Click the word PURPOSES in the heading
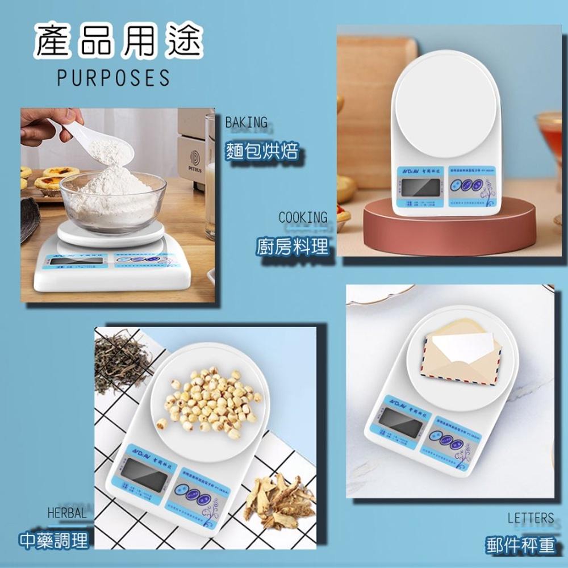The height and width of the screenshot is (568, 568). [x=113, y=77]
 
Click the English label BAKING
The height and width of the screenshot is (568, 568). [x=246, y=122]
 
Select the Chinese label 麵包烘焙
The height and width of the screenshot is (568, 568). [x=261, y=152]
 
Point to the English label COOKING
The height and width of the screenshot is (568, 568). [x=303, y=218]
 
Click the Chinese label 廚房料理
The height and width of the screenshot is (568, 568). [x=292, y=247]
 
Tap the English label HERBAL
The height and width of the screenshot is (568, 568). [x=67, y=513]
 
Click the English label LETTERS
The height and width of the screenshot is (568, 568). [x=530, y=517]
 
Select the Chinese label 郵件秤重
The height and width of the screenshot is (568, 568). [x=520, y=545]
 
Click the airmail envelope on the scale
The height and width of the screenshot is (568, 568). [x=461, y=352]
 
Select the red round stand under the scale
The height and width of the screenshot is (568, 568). [x=449, y=230]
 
